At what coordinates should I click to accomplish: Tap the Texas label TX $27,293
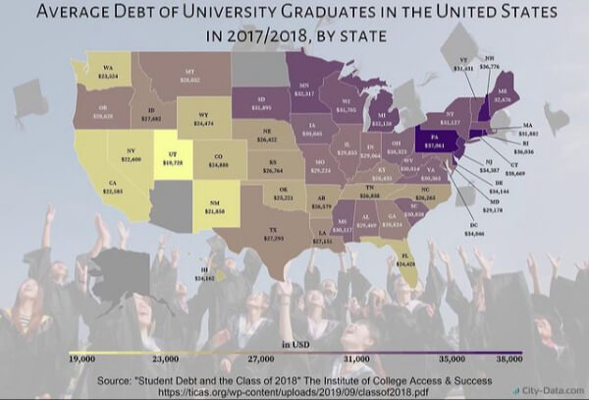(277, 233)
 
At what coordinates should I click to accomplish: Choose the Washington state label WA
(108, 71)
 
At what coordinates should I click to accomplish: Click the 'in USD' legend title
(294, 344)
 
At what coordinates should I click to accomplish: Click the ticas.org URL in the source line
(294, 389)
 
